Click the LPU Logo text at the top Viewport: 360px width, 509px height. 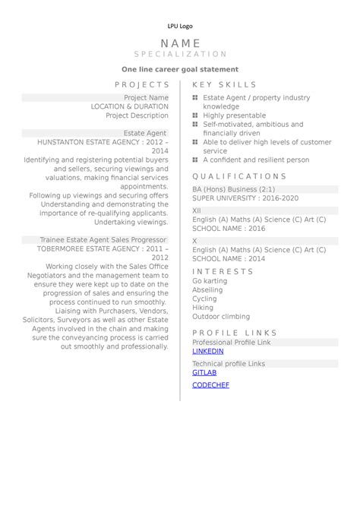coord(180,27)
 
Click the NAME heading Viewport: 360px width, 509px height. coord(181,43)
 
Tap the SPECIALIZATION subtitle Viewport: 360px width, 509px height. coord(181,55)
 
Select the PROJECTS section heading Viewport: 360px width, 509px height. coord(142,85)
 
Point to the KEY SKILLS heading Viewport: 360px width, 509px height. coord(225,85)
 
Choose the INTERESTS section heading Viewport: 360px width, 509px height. coord(223,271)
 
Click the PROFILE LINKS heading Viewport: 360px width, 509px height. coord(235,333)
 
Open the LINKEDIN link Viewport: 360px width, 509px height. coord(207,352)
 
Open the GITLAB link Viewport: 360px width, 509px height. coord(204,373)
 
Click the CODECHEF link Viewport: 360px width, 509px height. coord(210,385)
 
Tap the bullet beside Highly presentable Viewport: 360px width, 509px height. coord(195,115)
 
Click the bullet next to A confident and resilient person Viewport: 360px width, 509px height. coord(195,160)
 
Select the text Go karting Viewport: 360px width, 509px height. coord(210,281)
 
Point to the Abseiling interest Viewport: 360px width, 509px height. coord(207,290)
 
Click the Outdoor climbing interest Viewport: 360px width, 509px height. coord(221,317)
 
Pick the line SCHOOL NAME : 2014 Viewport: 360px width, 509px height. coord(229,258)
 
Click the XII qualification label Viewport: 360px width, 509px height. coord(197,210)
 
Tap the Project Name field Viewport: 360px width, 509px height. coord(146,98)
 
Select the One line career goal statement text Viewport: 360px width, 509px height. coord(180,69)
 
